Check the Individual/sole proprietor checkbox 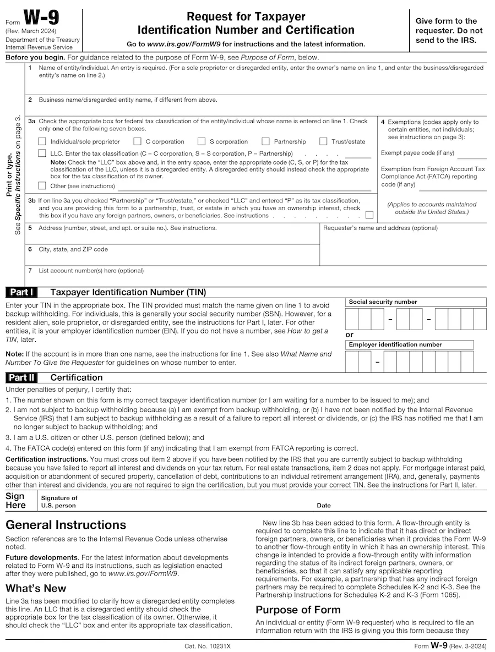pyautogui.click(x=42, y=141)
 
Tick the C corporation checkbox pyautogui.click(x=138, y=141)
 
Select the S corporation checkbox pyautogui.click(x=202, y=141)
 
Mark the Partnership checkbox pyautogui.click(x=266, y=141)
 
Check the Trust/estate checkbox pyautogui.click(x=323, y=141)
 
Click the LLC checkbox pyautogui.click(x=42, y=154)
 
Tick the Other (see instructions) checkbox pyautogui.click(x=42, y=186)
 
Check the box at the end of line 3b pyautogui.click(x=369, y=215)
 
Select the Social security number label pyautogui.click(x=383, y=302)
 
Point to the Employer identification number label pyautogui.click(x=395, y=345)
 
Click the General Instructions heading pyautogui.click(x=66, y=525)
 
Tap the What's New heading pyautogui.click(x=36, y=588)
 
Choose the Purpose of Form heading pyautogui.click(x=298, y=610)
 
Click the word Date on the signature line pyautogui.click(x=324, y=506)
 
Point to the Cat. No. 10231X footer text pyautogui.click(x=208, y=646)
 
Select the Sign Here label pyautogui.click(x=16, y=501)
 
